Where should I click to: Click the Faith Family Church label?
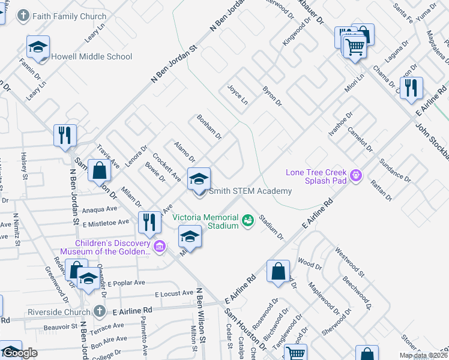pos(71,17)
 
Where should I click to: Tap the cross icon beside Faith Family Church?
pos(23,16)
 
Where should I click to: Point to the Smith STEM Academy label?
pos(250,191)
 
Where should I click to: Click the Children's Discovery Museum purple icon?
pos(159,245)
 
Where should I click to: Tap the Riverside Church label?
pos(61,312)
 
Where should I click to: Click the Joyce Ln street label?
pos(238,94)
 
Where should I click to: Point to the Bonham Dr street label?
pos(209,127)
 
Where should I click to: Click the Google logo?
pos(20,353)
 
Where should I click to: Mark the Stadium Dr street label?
pos(271,228)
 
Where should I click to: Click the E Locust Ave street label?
pos(173,295)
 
